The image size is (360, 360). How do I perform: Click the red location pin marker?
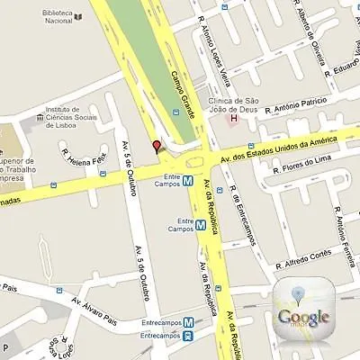coord(157,146)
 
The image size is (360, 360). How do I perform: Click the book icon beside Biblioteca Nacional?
coord(78,16)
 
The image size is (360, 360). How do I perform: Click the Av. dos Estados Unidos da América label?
coord(288,149)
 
